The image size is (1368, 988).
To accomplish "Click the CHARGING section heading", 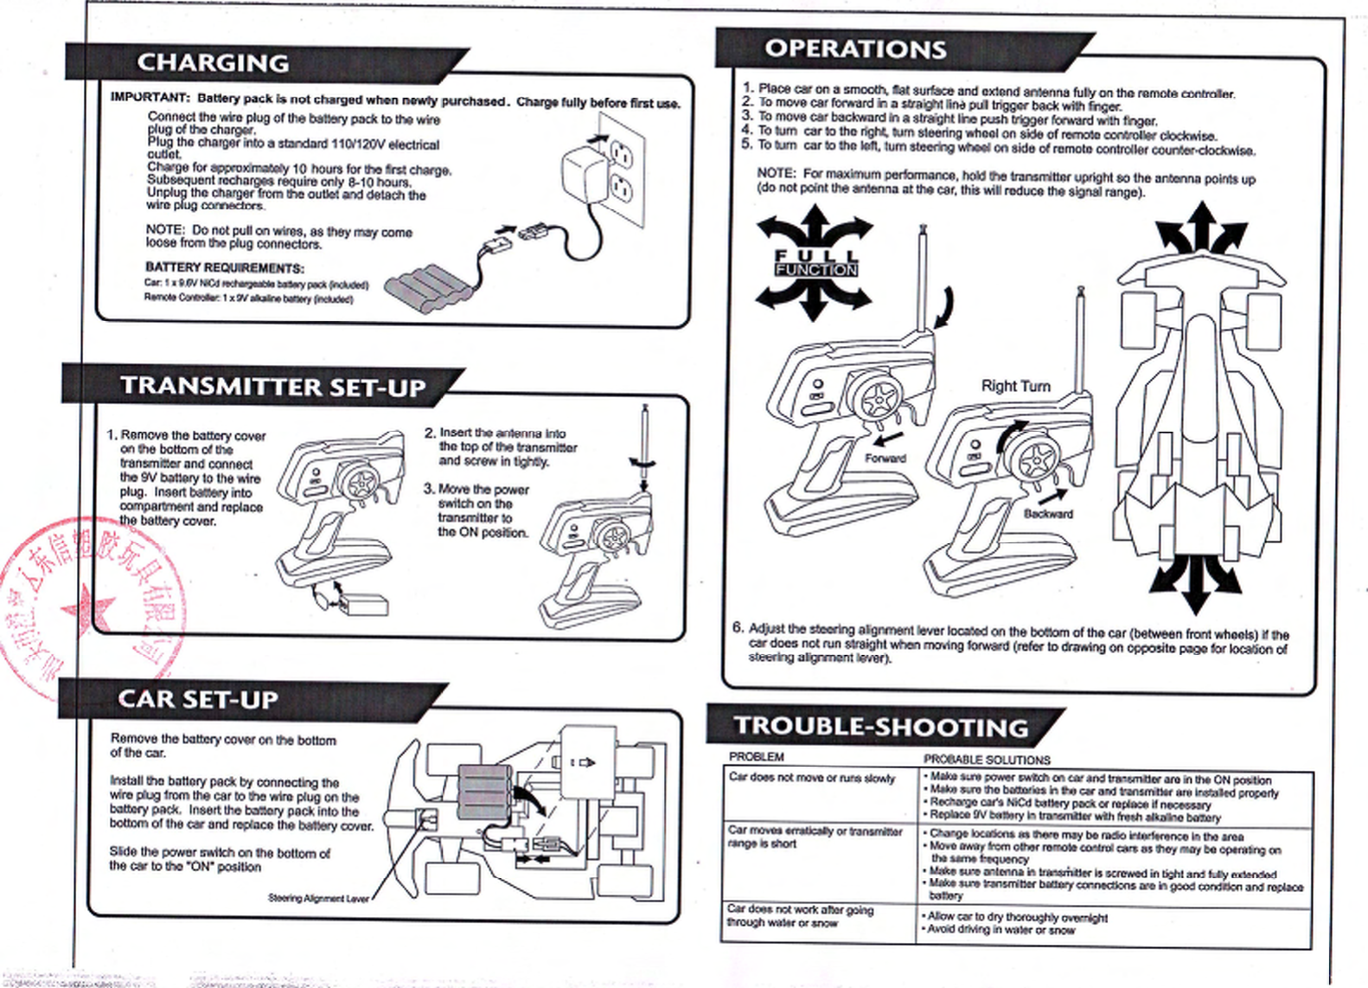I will (213, 63).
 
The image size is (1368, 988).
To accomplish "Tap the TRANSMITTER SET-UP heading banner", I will (272, 386).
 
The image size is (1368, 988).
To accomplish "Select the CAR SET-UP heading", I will (198, 699).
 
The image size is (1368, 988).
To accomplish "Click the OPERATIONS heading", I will (855, 49).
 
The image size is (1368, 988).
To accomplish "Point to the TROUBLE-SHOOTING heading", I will (881, 728).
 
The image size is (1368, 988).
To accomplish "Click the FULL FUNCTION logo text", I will (815, 263).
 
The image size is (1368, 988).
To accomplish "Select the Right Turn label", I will (1015, 386).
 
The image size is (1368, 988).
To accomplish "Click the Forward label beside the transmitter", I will (885, 459).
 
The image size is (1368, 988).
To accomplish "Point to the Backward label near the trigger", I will (1048, 514).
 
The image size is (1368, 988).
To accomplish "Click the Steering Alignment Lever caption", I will (318, 898).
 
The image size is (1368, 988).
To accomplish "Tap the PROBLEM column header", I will (756, 757).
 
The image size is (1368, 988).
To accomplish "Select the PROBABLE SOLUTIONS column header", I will (987, 760).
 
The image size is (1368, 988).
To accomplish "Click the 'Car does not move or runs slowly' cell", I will (811, 778).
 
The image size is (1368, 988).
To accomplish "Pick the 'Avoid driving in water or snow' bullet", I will (1001, 930).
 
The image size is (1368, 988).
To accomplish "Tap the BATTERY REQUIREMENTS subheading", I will (224, 267).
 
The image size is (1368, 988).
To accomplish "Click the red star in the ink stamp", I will (86, 610).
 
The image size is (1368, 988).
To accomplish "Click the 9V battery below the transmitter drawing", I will (364, 605).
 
